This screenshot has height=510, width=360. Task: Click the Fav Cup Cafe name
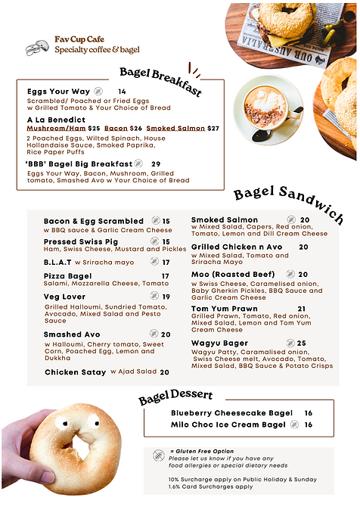[x=79, y=39]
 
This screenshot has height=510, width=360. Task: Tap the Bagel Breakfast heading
[x=160, y=81]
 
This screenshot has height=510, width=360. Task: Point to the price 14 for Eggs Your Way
[x=122, y=92]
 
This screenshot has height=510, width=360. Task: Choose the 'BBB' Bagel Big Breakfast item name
[x=78, y=163]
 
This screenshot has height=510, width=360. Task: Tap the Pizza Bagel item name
[x=67, y=276]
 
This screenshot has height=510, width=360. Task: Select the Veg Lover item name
[x=66, y=297]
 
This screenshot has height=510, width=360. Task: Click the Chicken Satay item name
[x=76, y=372]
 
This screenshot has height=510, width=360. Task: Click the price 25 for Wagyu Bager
[x=301, y=344]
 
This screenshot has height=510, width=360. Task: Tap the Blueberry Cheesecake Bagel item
[x=231, y=413]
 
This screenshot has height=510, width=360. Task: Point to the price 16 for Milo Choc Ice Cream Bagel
[x=309, y=424]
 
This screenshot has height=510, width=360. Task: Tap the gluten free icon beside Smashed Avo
[x=154, y=334]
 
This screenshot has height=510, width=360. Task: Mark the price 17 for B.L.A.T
[x=166, y=263]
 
